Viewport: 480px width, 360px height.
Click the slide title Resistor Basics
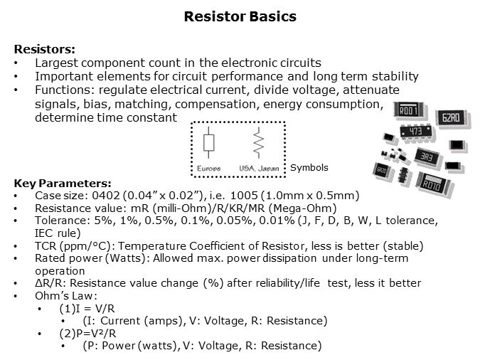[240, 16]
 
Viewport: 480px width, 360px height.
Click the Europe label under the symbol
[208, 169]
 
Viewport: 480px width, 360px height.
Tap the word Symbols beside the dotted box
[309, 168]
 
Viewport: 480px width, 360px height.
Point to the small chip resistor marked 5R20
[381, 170]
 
